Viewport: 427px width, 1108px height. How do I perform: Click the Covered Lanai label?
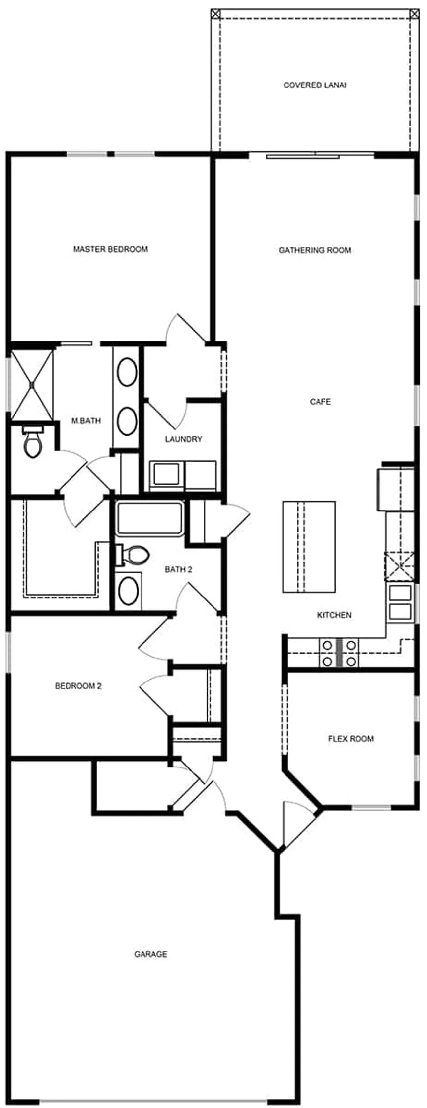coord(315,85)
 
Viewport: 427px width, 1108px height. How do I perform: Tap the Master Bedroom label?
coord(111,249)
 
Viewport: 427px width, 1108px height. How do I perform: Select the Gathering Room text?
coord(315,250)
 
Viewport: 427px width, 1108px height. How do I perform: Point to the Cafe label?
coord(320,401)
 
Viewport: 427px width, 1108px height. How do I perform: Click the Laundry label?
coord(184,439)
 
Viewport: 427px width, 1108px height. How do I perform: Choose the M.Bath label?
coord(86,421)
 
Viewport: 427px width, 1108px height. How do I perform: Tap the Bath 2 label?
coord(178,569)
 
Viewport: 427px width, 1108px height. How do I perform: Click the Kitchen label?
coord(334,615)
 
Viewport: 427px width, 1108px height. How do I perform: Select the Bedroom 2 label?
coord(78,686)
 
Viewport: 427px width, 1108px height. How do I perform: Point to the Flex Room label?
coord(351,738)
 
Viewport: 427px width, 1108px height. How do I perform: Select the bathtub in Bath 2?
coord(149,518)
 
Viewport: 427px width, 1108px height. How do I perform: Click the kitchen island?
coord(309,546)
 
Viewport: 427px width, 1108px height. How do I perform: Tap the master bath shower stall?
coord(32,383)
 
